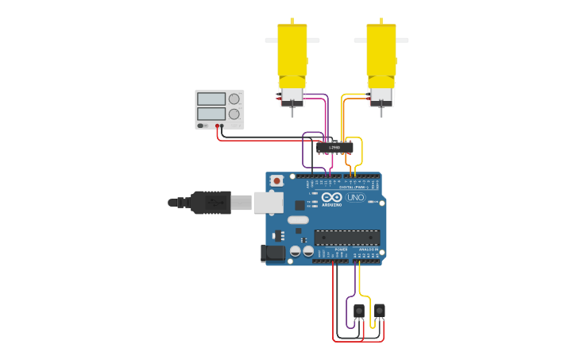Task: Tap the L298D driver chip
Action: point(334,147)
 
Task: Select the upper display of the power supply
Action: point(211,99)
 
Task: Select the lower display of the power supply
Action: point(211,114)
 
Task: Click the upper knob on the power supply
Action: point(234,99)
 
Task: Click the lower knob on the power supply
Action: point(234,114)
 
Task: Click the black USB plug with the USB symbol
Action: point(211,203)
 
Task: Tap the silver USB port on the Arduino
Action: point(268,203)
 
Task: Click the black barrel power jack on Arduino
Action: point(273,254)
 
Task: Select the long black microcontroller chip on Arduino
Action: point(346,236)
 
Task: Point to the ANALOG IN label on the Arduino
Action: point(368,250)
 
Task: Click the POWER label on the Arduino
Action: point(341,250)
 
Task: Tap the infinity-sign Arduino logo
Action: point(332,196)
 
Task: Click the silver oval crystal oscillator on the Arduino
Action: point(298,220)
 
